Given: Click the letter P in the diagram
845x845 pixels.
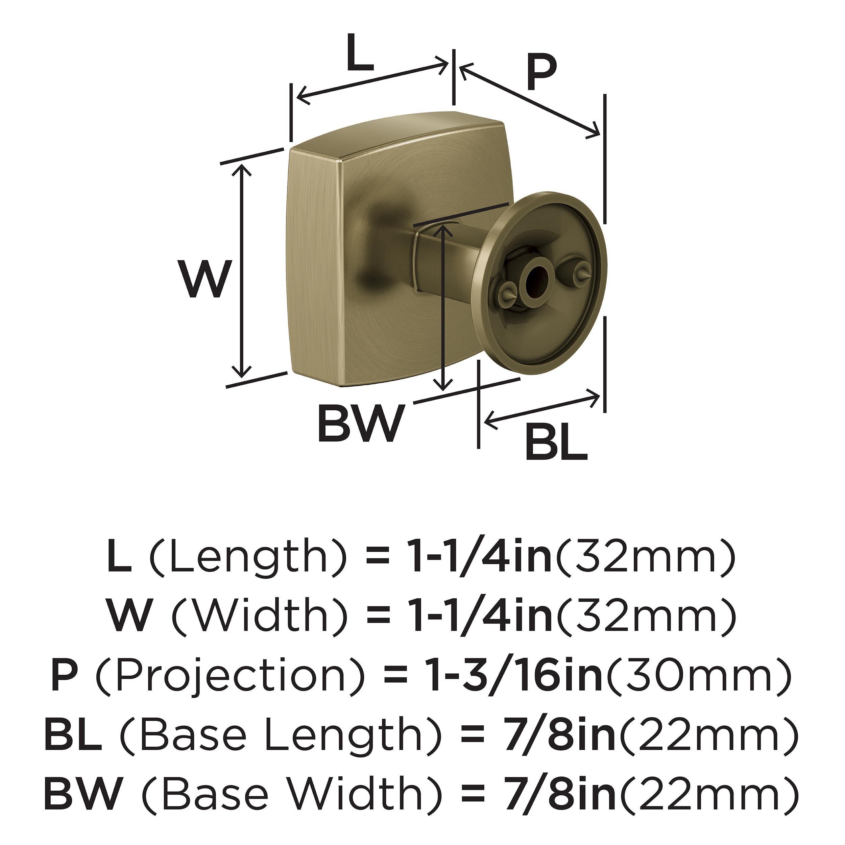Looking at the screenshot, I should point(541,73).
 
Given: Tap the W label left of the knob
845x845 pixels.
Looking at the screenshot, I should point(205,279).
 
